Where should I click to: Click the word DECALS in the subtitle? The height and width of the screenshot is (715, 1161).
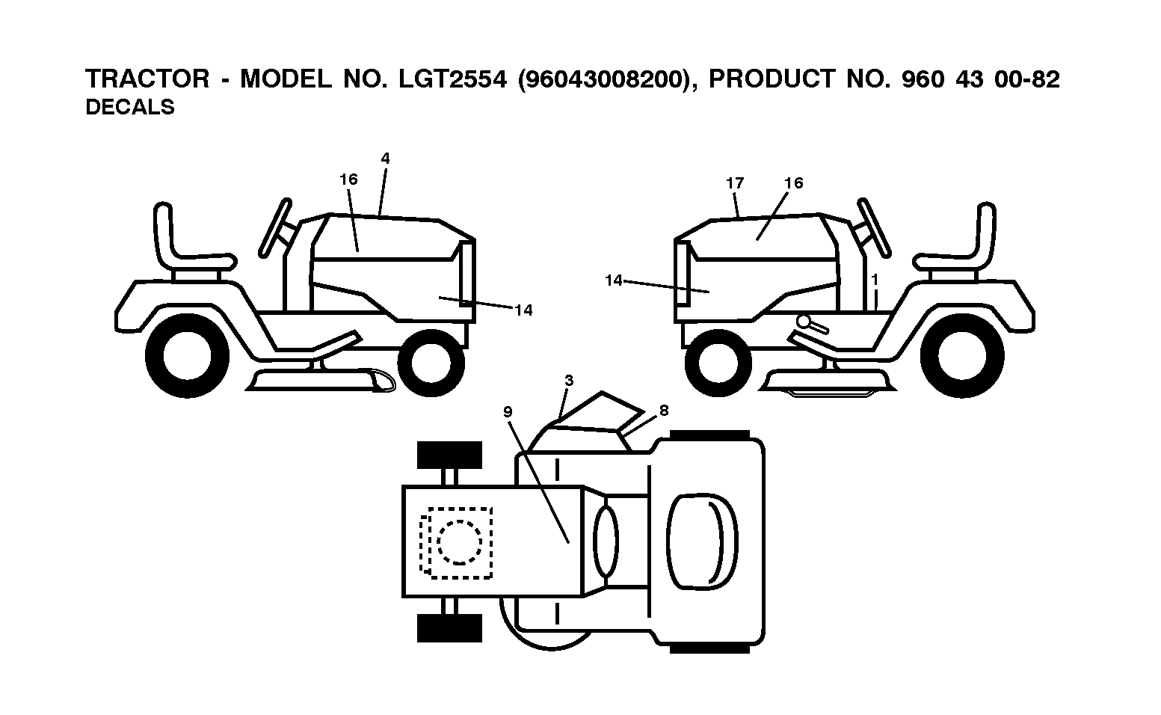tap(130, 108)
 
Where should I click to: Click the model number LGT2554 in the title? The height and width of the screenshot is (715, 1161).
tap(452, 79)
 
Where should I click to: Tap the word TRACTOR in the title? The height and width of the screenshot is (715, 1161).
tap(147, 79)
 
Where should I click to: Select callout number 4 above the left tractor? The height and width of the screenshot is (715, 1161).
tap(385, 159)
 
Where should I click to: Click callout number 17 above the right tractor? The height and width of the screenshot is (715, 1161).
tap(735, 183)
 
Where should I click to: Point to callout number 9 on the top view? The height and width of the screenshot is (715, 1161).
tap(508, 412)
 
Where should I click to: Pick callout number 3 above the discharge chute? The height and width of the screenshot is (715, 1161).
tap(569, 381)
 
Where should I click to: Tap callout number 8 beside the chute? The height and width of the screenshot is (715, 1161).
tap(664, 411)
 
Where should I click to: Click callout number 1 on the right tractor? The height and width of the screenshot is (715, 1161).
tap(875, 280)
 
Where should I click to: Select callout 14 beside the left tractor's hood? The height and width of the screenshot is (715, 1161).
tap(523, 310)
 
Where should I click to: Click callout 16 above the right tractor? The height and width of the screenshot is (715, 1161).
tap(793, 183)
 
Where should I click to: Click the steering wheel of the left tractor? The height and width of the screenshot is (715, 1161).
tap(275, 227)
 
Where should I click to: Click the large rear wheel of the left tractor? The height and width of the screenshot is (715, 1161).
tap(188, 356)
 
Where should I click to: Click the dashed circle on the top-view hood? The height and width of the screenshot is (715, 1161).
tap(459, 542)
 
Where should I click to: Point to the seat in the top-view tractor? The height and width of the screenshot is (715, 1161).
tap(702, 541)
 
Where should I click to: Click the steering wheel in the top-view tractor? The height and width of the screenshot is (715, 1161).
tap(606, 541)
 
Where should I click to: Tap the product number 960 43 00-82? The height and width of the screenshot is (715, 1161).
tap(981, 79)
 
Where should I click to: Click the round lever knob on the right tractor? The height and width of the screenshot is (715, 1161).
tap(804, 322)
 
